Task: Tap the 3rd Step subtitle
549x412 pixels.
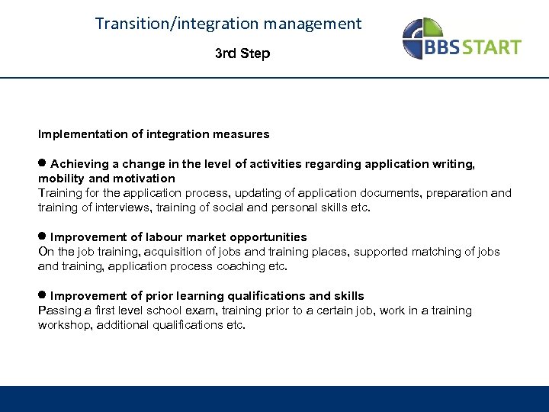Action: (x=242, y=53)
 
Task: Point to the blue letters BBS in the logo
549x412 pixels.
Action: (x=448, y=47)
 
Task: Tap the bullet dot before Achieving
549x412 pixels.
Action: (x=43, y=163)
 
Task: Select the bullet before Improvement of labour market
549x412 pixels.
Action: (x=43, y=237)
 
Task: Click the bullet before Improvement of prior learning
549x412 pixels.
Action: (x=43, y=295)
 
